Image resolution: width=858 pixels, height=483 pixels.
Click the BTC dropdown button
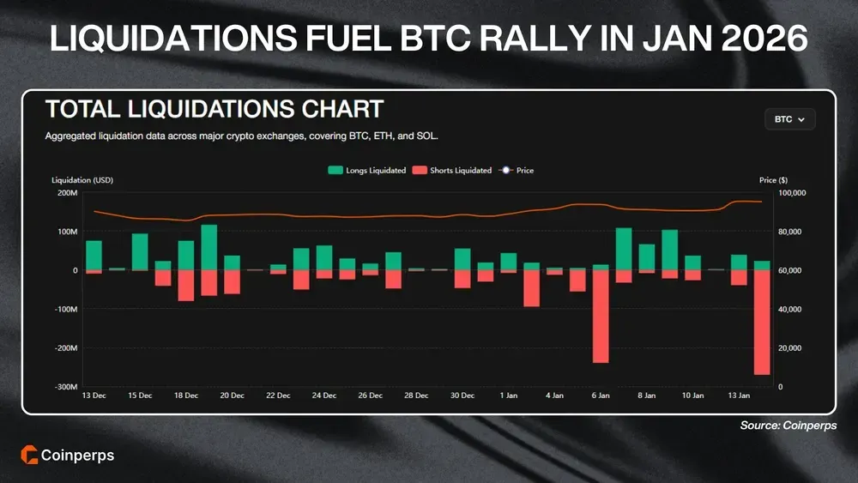coord(789,119)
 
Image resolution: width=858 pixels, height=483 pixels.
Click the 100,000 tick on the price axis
coord(789,193)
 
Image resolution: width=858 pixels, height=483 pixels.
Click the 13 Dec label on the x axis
coord(94,395)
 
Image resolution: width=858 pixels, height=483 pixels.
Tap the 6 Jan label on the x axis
coord(601,395)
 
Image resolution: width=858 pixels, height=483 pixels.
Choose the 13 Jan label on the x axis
coord(739,395)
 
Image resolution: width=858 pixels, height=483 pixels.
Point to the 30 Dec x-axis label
coord(462,395)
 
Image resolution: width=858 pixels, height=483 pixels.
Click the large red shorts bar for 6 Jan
coord(601,317)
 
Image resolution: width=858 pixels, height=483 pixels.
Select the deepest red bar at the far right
coord(762,323)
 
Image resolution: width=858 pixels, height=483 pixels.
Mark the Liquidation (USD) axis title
coord(82,180)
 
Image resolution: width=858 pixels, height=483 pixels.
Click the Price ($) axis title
coord(773,180)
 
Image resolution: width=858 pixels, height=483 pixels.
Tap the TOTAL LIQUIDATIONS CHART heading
coord(214,110)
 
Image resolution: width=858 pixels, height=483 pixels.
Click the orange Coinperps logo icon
coord(28,455)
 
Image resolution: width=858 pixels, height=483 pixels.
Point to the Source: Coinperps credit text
coord(788,426)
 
